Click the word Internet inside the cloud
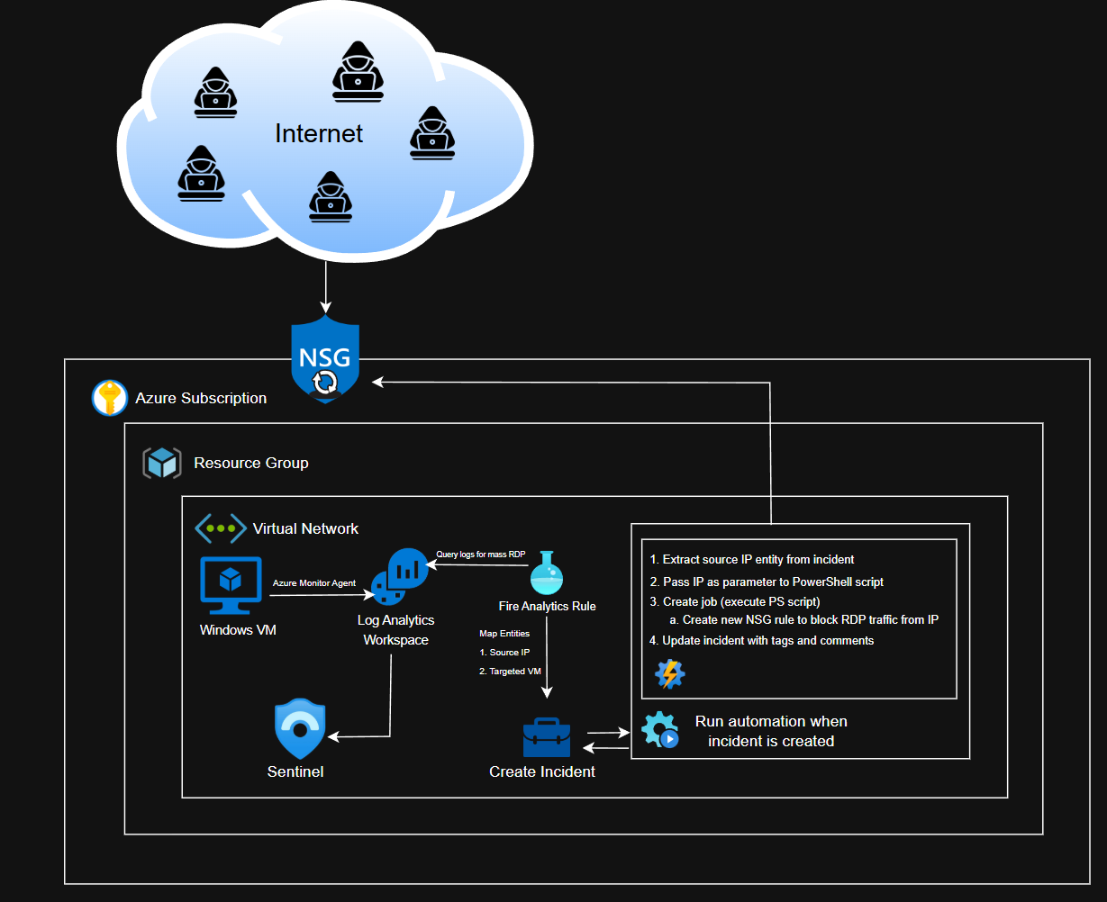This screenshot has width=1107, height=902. [x=319, y=134]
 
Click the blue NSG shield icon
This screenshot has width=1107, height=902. [x=325, y=358]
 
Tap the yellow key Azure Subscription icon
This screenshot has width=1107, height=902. [x=110, y=398]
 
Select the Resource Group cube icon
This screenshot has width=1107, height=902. [x=162, y=463]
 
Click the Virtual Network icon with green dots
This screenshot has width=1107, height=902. [x=221, y=528]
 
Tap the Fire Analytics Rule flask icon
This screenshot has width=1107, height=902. [x=547, y=573]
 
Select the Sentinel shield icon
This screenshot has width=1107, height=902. [x=299, y=729]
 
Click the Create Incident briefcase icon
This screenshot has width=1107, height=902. [x=547, y=738]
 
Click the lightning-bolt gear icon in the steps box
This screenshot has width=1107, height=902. [x=669, y=673]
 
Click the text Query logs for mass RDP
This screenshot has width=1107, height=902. [x=480, y=554]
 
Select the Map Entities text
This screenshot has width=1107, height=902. [x=504, y=634]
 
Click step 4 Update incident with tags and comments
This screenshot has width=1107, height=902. [x=762, y=641]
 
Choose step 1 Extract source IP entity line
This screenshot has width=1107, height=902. [x=752, y=559]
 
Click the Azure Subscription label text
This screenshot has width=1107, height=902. [x=201, y=398]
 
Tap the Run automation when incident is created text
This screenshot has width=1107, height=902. [x=771, y=731]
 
